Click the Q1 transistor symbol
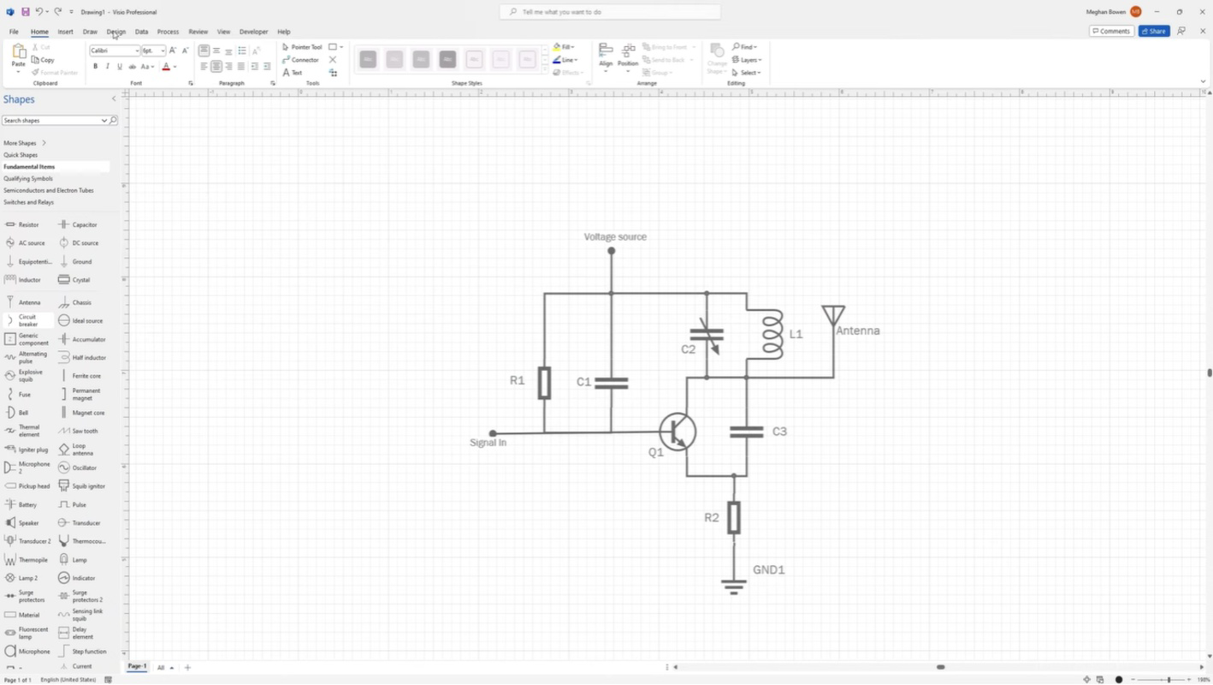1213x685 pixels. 678,432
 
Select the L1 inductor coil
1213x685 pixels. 772,334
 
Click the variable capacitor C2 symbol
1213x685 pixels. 707,336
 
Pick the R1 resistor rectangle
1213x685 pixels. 544,383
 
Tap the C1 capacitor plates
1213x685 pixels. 611,383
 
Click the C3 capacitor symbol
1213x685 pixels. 746,432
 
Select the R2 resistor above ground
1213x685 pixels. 733,517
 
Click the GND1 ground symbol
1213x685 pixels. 733,586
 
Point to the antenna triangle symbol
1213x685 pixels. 833,315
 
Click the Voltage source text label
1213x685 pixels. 615,236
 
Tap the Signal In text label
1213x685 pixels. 488,443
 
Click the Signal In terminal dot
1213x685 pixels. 492,433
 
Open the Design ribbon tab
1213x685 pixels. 116,32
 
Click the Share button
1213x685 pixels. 1154,31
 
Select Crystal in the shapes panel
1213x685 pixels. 80,280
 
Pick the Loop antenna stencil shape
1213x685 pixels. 79,450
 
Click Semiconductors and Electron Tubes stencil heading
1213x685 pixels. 49,190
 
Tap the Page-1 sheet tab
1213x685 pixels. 137,666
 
